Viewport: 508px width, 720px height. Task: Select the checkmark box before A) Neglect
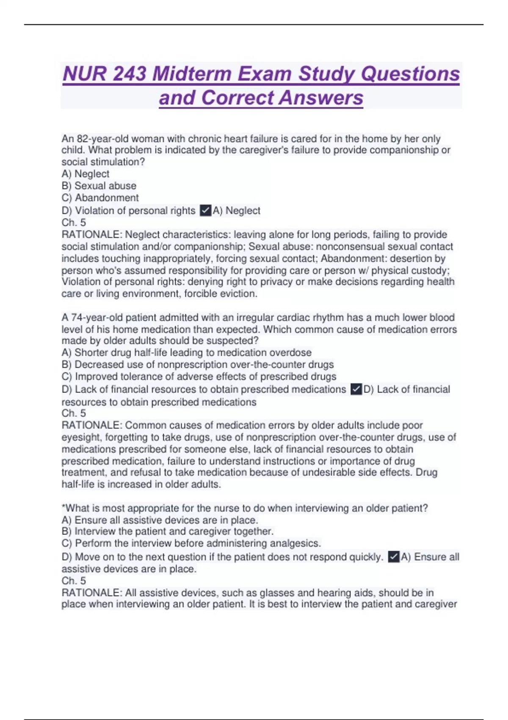pyautogui.click(x=205, y=210)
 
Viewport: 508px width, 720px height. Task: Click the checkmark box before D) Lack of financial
pyautogui.click(x=356, y=389)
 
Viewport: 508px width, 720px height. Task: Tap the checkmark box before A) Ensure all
pyautogui.click(x=393, y=557)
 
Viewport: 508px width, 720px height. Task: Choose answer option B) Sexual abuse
pyautogui.click(x=99, y=186)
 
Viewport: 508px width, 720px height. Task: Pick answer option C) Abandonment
pyautogui.click(x=100, y=198)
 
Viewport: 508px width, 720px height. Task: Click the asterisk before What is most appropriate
pyautogui.click(x=63, y=507)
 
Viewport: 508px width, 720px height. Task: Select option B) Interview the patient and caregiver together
pyautogui.click(x=168, y=532)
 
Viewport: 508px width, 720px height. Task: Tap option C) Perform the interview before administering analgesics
pyautogui.click(x=191, y=543)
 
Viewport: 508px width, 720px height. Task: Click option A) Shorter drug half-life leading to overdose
pyautogui.click(x=186, y=353)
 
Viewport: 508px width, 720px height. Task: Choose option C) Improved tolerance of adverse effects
pyautogui.click(x=199, y=377)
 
